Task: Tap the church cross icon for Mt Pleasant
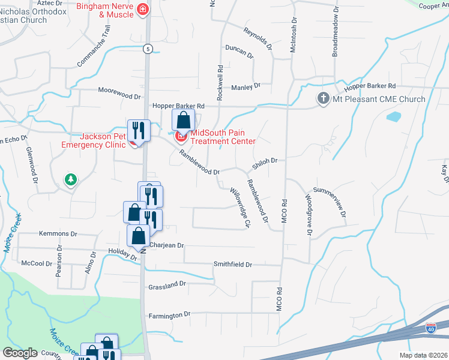coord(323,98)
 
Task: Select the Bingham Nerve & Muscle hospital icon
coord(143,9)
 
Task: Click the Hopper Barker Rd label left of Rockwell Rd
coord(178,106)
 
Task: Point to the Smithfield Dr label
coord(233,264)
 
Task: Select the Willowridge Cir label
coord(239,207)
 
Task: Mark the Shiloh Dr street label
coord(264,161)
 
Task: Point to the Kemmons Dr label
coord(59,233)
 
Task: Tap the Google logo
coord(20,353)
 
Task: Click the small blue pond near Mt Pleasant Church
coord(394,116)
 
